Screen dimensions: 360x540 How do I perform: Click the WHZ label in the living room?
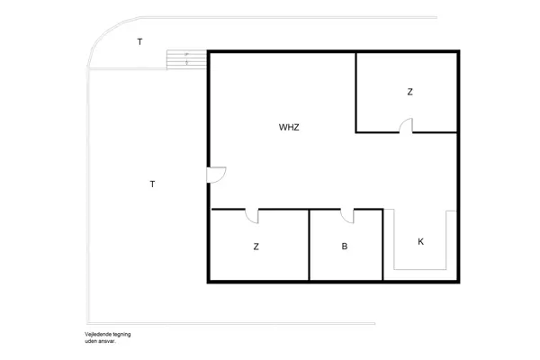[289, 127]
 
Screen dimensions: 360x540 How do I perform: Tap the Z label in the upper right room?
[409, 92]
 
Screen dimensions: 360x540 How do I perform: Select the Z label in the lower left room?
[256, 246]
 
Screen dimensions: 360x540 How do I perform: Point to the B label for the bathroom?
[344, 246]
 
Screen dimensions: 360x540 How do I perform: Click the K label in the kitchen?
[420, 242]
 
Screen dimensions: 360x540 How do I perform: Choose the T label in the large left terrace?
[152, 184]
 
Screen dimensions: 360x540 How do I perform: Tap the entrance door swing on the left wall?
[217, 175]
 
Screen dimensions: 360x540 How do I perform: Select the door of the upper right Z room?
[407, 126]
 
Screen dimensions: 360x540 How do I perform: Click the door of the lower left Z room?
[252, 216]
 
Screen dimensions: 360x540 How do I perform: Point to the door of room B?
[346, 216]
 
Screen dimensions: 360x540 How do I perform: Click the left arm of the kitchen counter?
[391, 238]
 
